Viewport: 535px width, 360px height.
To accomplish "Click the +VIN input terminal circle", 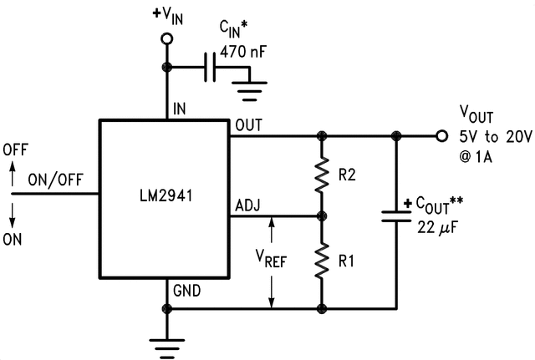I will click(166, 39).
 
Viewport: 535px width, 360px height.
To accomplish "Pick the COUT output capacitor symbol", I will click(395, 215).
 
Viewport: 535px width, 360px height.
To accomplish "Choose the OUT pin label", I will click(249, 125).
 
